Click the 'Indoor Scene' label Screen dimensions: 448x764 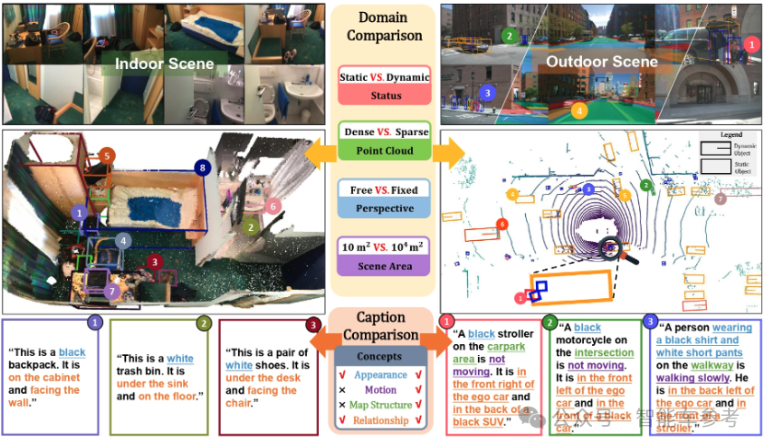pyautogui.click(x=165, y=63)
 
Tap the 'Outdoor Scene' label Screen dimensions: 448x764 pyautogui.click(x=602, y=62)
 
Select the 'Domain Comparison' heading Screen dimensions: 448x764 pyautogui.click(x=383, y=27)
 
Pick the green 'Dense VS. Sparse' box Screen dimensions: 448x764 pyautogui.click(x=384, y=140)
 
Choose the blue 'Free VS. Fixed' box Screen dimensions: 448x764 pyautogui.click(x=383, y=200)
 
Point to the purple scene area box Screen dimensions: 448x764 pyautogui.click(x=383, y=257)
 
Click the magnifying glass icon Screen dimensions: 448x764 pyautogui.click(x=612, y=248)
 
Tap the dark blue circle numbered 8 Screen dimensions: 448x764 pyautogui.click(x=202, y=167)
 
